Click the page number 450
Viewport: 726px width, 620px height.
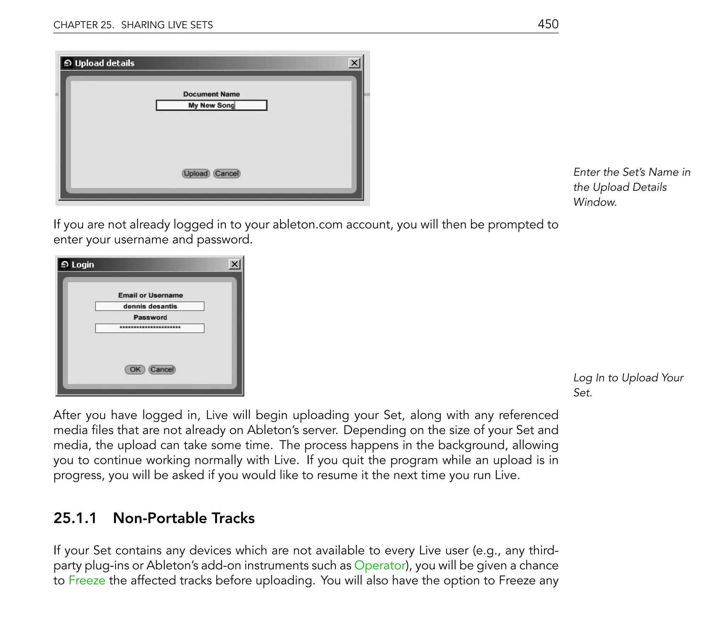click(x=548, y=24)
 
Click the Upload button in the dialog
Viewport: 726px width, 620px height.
click(x=196, y=174)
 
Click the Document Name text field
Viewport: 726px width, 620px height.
click(x=211, y=105)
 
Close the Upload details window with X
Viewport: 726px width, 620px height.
click(x=354, y=63)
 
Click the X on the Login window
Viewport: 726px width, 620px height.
click(x=235, y=264)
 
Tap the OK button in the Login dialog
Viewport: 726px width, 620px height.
click(x=135, y=370)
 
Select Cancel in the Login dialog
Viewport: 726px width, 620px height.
click(x=162, y=370)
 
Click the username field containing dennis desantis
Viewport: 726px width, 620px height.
click(x=150, y=306)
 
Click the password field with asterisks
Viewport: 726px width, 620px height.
click(x=150, y=328)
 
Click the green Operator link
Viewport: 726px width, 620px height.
click(x=380, y=565)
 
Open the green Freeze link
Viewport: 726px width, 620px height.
click(x=87, y=580)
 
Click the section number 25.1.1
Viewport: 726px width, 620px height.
click(x=75, y=518)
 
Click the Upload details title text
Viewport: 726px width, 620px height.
click(x=105, y=63)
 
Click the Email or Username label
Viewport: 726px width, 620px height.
click(x=150, y=295)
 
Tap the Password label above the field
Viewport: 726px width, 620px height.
click(x=150, y=317)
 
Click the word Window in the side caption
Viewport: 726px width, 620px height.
click(x=594, y=202)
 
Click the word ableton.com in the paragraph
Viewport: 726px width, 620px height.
click(x=307, y=224)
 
